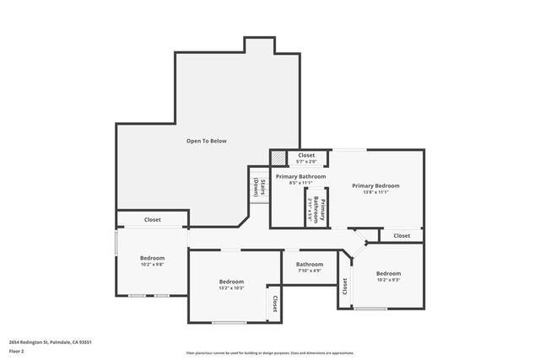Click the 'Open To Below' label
pos(206,141)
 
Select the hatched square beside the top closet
pos(278,158)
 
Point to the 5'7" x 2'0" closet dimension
pos(305,162)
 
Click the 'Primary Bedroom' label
pos(375,185)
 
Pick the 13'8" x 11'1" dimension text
pos(375,192)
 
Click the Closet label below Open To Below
pos(152,219)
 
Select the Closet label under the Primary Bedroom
pos(402,236)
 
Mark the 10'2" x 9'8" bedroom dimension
pos(152,265)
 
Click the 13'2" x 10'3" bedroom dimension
pos(231,288)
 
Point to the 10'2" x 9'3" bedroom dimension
pos(388,280)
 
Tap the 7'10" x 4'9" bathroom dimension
pos(309,271)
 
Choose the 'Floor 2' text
pos(17,350)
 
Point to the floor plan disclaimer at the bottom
pos(270,353)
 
